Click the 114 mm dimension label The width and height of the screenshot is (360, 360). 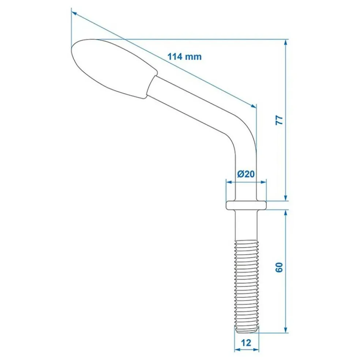(x=184, y=57)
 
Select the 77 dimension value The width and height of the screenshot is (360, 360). (x=279, y=120)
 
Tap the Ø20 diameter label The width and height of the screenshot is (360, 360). (x=245, y=174)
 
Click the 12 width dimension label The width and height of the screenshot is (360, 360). (x=246, y=342)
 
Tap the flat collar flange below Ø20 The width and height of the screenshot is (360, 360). (x=245, y=205)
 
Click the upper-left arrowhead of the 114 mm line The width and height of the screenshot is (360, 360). (x=74, y=13)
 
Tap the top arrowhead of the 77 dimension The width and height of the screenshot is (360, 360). (x=285, y=42)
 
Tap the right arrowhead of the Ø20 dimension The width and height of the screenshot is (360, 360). (x=263, y=182)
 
